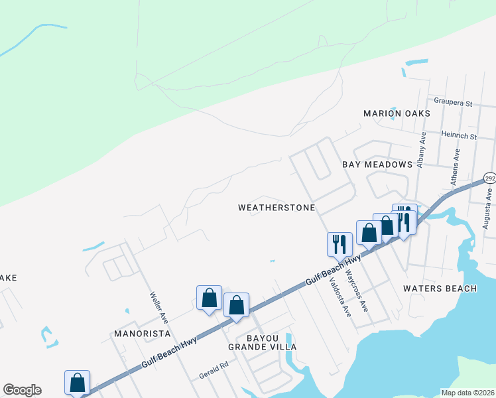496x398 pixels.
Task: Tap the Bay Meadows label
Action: point(377,164)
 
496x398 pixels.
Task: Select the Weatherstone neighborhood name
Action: point(277,208)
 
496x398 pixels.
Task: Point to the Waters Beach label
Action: point(440,289)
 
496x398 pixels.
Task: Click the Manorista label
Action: point(142,333)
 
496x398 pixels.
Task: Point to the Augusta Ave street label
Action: point(487,212)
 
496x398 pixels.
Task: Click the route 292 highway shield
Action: point(489,179)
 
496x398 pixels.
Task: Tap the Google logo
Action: point(22,390)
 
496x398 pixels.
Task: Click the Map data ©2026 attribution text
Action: point(467,393)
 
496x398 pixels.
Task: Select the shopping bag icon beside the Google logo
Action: point(77,382)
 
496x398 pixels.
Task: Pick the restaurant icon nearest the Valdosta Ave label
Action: point(339,243)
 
